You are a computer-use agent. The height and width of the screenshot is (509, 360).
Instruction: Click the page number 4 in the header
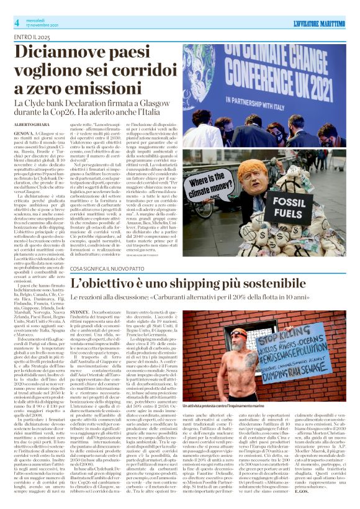pyautogui.click(x=17, y=23)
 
